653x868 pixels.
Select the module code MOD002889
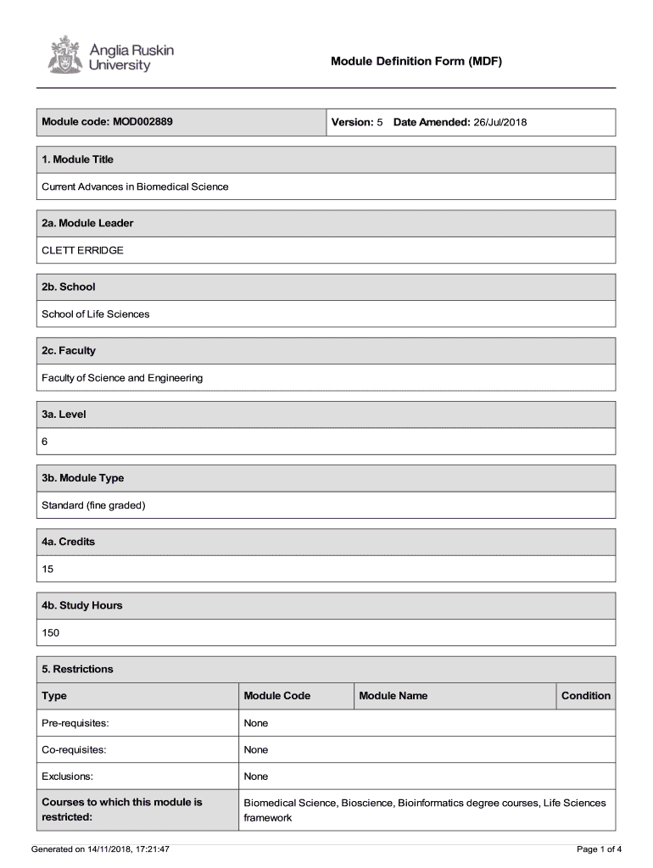pos(142,122)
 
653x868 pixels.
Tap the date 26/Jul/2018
pos(500,122)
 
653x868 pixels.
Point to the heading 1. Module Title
pos(77,159)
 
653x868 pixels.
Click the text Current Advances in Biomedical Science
pos(135,186)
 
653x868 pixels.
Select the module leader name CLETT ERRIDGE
pos(82,250)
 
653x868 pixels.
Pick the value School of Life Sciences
pos(95,314)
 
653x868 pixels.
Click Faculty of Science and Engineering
pos(122,378)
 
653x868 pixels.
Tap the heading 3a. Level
pos(64,415)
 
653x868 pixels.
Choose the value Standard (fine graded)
pos(93,506)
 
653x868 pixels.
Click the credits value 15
pos(47,570)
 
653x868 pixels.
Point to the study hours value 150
pos(50,633)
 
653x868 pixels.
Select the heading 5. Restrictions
pos(77,669)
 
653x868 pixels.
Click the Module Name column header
pos(393,696)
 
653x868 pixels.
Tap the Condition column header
pos(585,696)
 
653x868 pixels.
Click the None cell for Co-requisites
pos(255,749)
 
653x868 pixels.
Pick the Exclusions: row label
pos(67,776)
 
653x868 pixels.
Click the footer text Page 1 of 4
pos(599,849)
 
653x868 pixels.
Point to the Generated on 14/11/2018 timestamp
pos(100,849)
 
